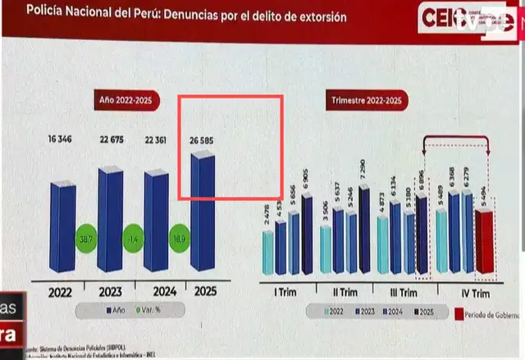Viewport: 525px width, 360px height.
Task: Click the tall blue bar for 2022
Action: tap(63, 228)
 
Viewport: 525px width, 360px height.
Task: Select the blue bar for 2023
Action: tap(110, 220)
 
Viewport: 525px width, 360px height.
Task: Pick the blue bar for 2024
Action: tap(157, 221)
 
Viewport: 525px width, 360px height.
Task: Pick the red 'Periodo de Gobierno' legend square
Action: tap(457, 312)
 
